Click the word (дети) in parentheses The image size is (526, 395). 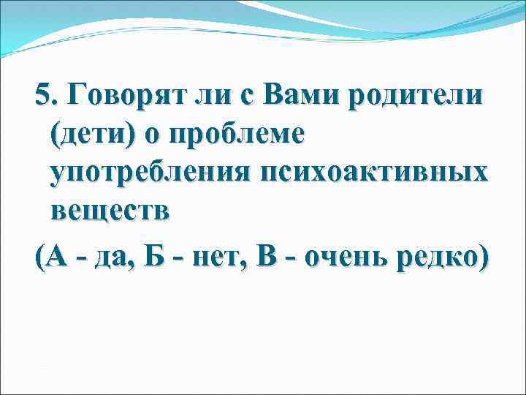[91, 135]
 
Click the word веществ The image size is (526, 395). [110, 213]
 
